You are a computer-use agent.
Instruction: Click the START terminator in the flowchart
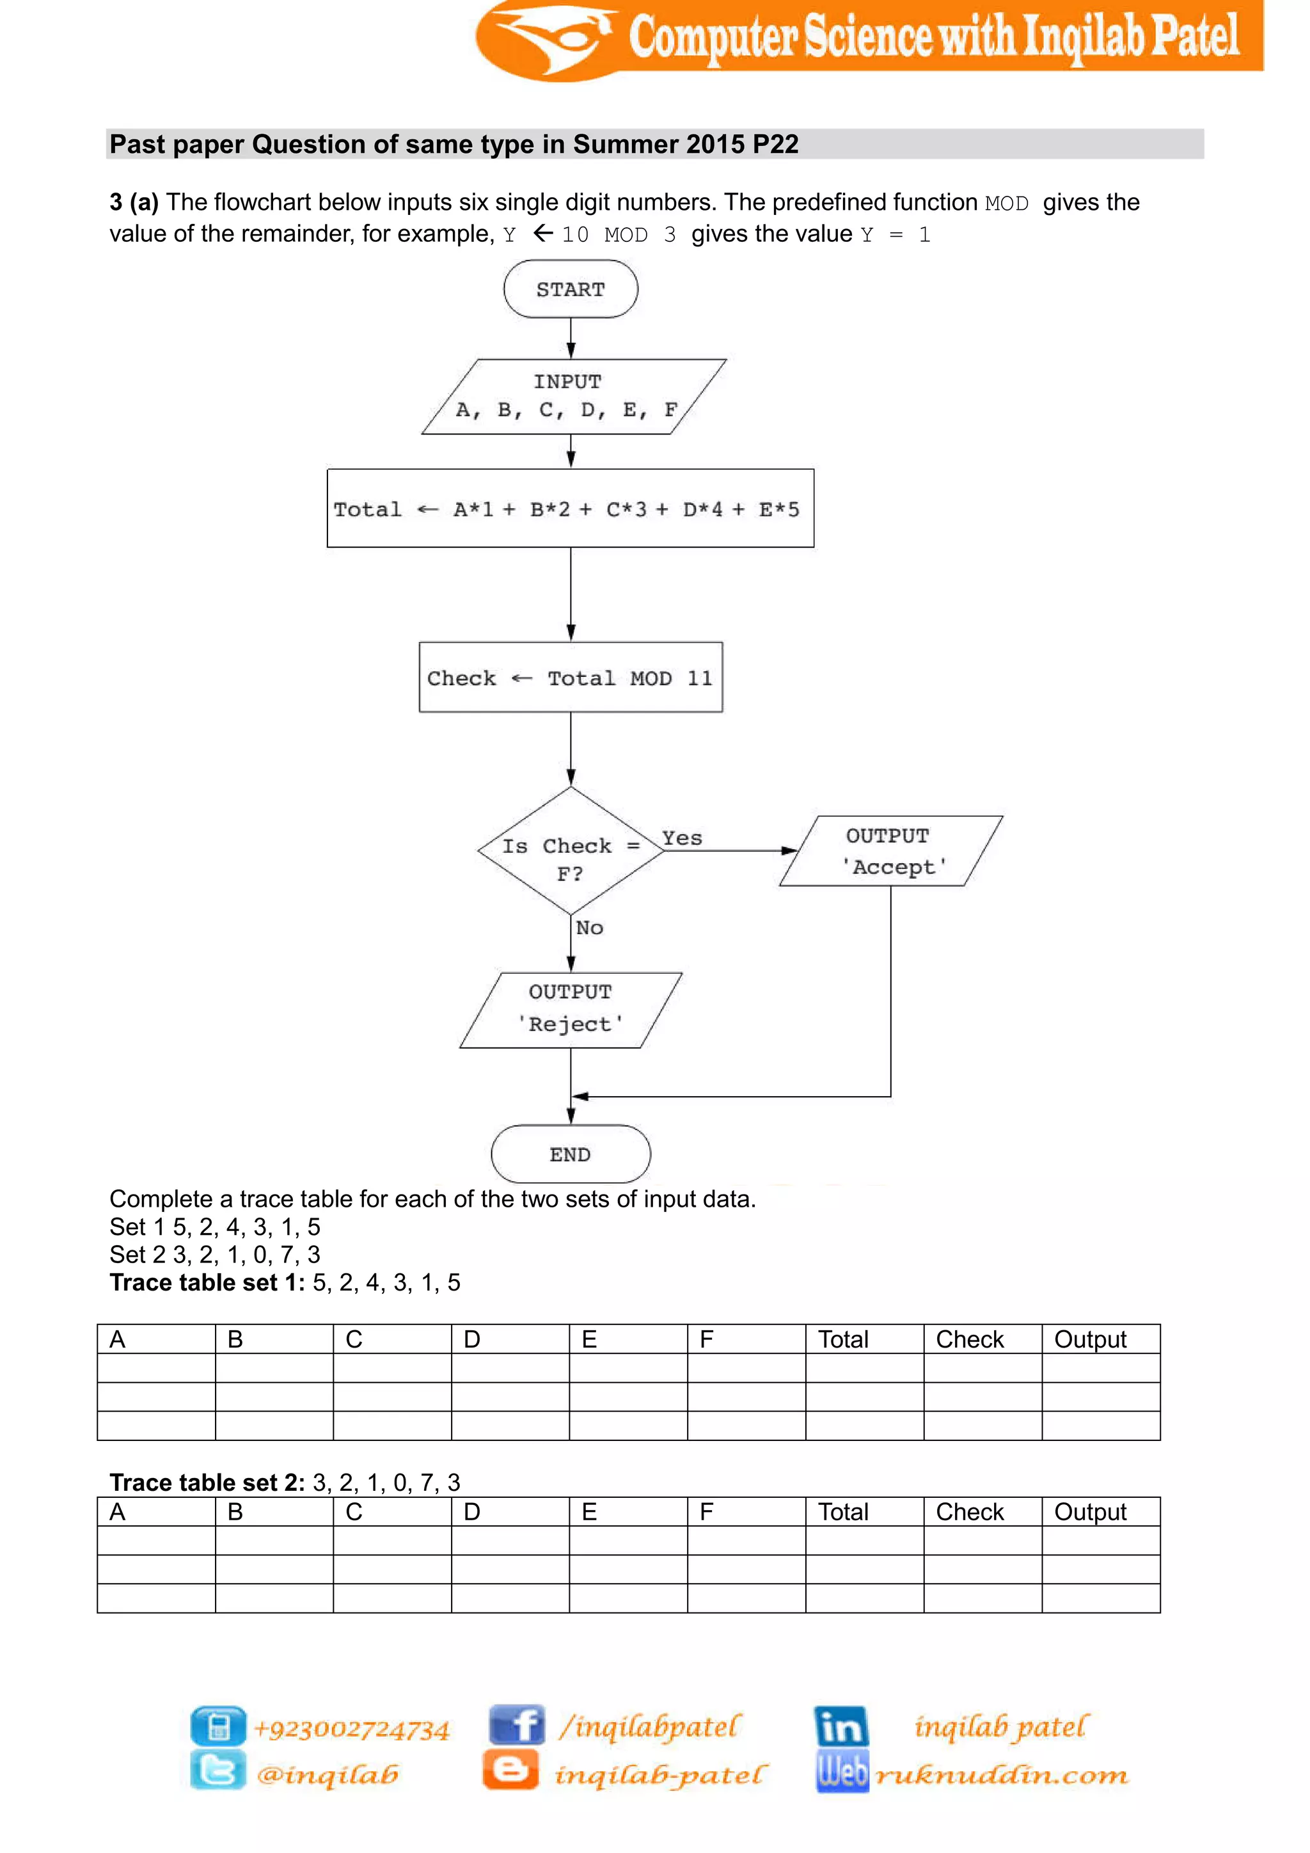coord(571,289)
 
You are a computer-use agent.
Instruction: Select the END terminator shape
coord(571,1154)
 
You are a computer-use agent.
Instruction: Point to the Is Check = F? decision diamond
coord(571,852)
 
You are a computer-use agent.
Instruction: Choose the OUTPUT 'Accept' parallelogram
coord(890,852)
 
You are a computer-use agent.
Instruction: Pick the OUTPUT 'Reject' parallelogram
coord(571,1010)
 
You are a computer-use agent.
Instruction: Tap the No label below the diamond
coord(590,928)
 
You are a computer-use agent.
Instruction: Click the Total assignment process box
coord(571,509)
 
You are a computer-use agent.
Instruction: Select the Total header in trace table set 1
coord(843,1340)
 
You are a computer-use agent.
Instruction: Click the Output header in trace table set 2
coord(1090,1511)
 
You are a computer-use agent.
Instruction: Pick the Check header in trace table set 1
coord(970,1340)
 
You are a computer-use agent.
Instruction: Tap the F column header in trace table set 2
coord(707,1511)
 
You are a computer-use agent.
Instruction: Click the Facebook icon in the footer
coord(516,1726)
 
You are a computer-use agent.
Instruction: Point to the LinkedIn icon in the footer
coord(841,1726)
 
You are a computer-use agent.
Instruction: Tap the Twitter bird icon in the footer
coord(217,1772)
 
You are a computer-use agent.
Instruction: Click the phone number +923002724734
coord(352,1729)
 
